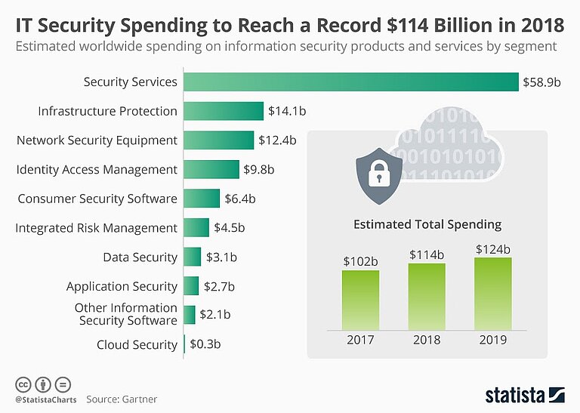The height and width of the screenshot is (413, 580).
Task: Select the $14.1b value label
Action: [286, 111]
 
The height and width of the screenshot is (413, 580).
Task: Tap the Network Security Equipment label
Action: [97, 140]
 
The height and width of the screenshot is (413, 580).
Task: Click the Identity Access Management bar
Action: [211, 169]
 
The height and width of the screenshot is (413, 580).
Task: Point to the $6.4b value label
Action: [240, 199]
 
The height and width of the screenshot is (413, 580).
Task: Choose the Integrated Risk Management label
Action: [96, 227]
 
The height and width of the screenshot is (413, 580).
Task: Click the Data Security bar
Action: [192, 257]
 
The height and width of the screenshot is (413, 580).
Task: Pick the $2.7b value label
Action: [220, 286]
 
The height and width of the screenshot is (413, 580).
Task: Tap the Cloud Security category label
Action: [137, 344]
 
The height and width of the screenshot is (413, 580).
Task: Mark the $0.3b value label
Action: [205, 344]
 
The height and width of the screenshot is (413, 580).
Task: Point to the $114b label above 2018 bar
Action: [427, 254]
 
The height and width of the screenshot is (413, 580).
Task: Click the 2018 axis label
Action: [427, 340]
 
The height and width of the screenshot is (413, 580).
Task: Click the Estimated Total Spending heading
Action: [427, 224]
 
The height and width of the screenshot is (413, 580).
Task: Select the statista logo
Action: [524, 394]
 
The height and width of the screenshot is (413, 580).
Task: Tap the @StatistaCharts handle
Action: [44, 398]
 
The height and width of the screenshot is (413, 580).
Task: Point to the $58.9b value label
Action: [541, 82]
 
